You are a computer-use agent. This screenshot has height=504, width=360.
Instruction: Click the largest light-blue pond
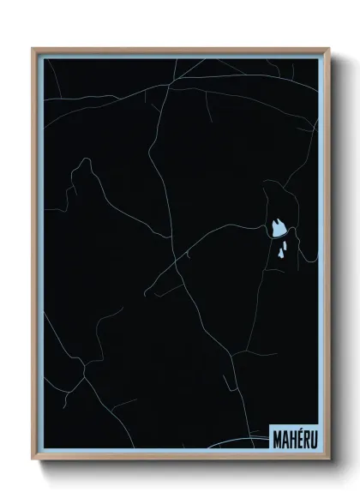click(279, 228)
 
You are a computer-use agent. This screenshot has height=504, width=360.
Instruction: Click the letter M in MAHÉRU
click(278, 434)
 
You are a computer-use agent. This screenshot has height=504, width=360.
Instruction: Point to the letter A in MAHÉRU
click(286, 434)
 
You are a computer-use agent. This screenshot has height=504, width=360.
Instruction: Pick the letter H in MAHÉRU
click(294, 434)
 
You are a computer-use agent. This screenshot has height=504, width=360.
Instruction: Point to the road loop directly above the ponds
click(279, 193)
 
